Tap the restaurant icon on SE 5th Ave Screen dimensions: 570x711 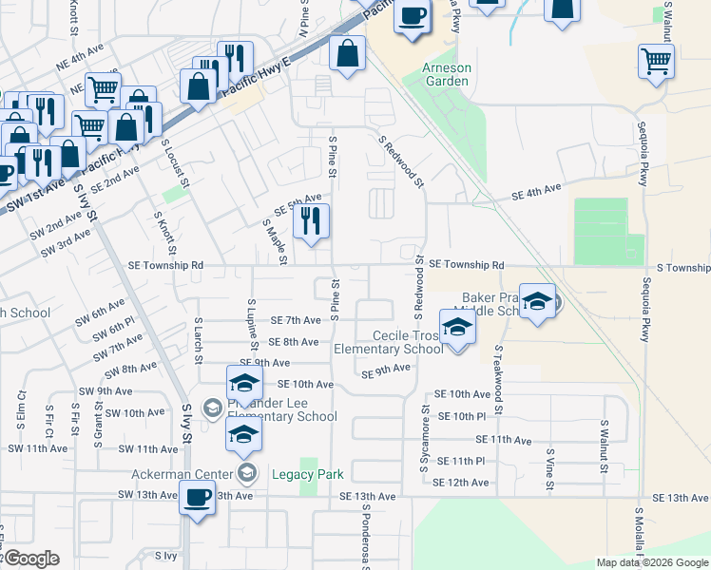tap(311, 222)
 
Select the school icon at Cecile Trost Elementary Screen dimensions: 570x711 tap(458, 328)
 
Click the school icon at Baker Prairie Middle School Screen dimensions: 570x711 tap(537, 301)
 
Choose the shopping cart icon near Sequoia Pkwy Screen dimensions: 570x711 tap(657, 62)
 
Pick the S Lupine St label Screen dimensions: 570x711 tap(250, 322)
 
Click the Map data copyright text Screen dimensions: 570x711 tap(651, 562)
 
